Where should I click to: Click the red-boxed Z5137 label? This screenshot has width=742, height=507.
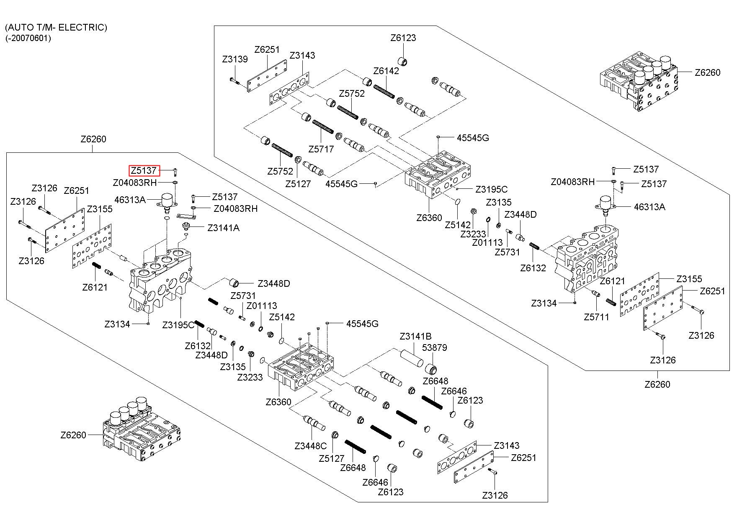144,170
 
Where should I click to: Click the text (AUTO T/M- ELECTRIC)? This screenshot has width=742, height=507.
56,28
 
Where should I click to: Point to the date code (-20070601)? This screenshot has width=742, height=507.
28,38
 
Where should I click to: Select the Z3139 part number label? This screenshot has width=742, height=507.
235,59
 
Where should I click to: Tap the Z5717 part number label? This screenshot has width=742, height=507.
321,149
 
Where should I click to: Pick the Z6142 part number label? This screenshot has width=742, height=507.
386,71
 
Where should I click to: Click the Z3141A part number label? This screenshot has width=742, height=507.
224,228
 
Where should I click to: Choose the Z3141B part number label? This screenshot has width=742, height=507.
415,336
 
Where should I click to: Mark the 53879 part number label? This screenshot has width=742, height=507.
434,347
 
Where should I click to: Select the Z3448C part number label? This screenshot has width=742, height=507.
310,446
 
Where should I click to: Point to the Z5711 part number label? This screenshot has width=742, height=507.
597,317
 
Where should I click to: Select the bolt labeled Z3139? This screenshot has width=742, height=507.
234,80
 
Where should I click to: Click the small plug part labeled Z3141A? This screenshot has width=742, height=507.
185,227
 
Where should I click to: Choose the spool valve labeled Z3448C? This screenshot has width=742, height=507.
314,423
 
